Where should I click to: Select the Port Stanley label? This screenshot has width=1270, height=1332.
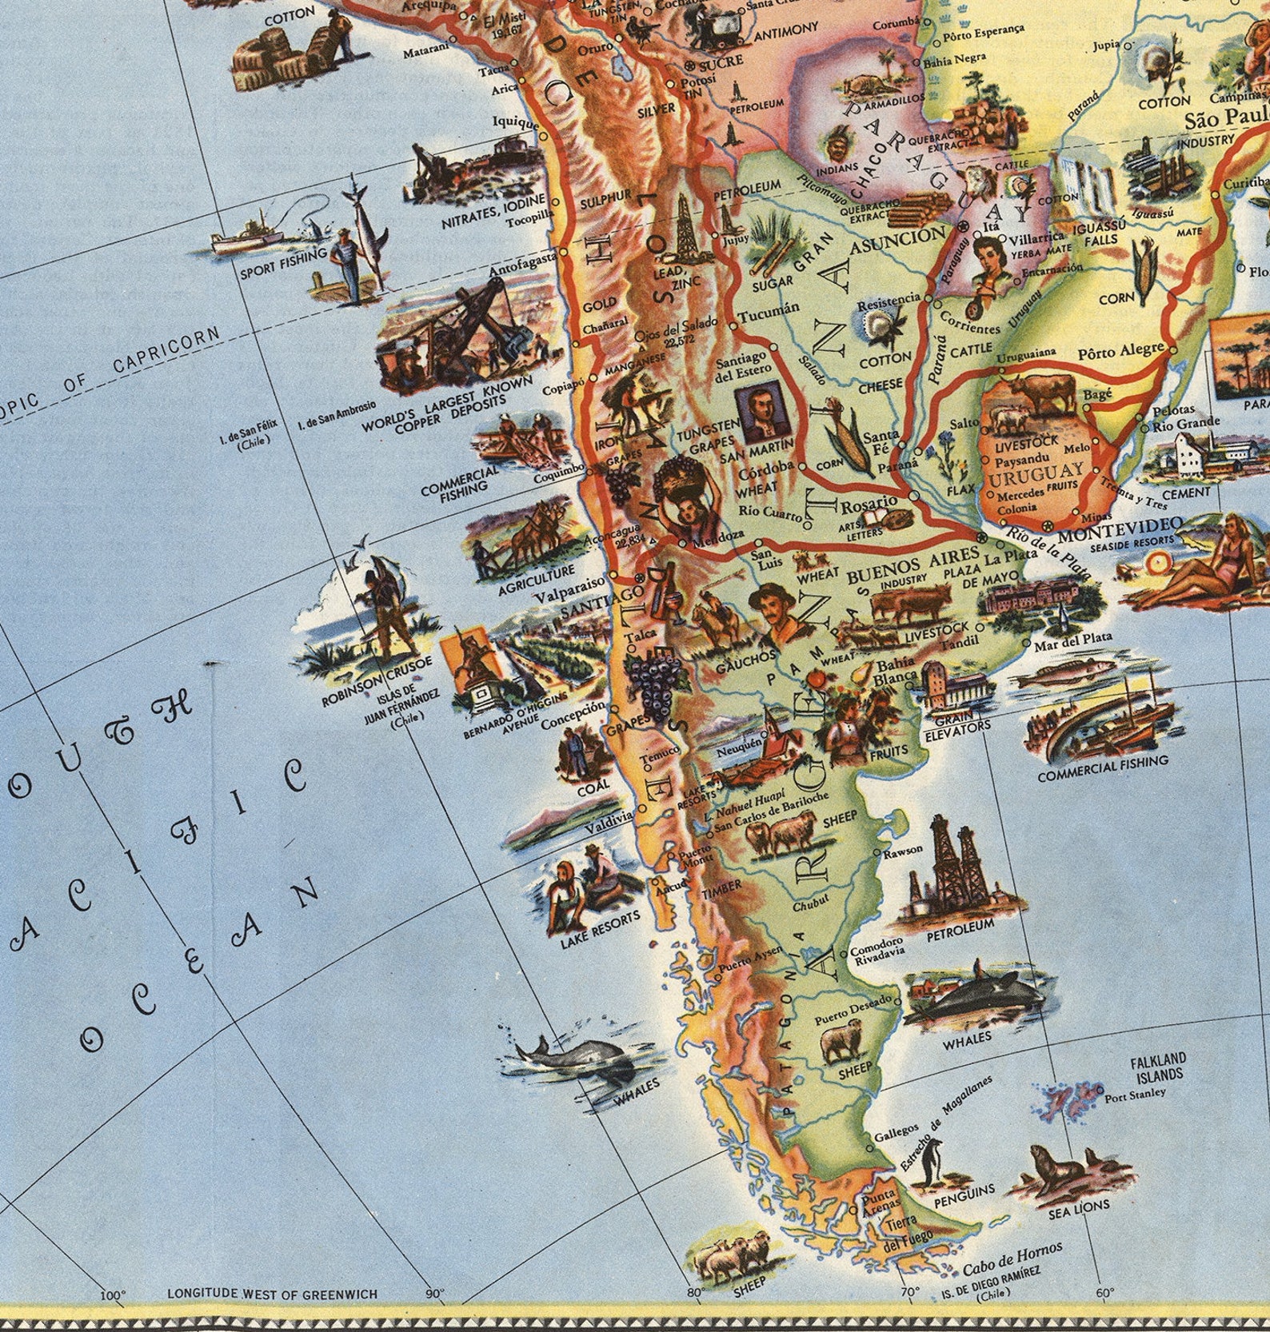(1135, 1097)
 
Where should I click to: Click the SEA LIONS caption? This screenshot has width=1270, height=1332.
(1079, 1208)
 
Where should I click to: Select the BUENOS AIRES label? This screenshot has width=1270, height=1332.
(913, 565)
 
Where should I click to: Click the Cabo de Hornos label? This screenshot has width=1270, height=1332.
(1012, 1258)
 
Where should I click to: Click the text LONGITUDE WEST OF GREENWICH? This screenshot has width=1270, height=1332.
(272, 1293)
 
